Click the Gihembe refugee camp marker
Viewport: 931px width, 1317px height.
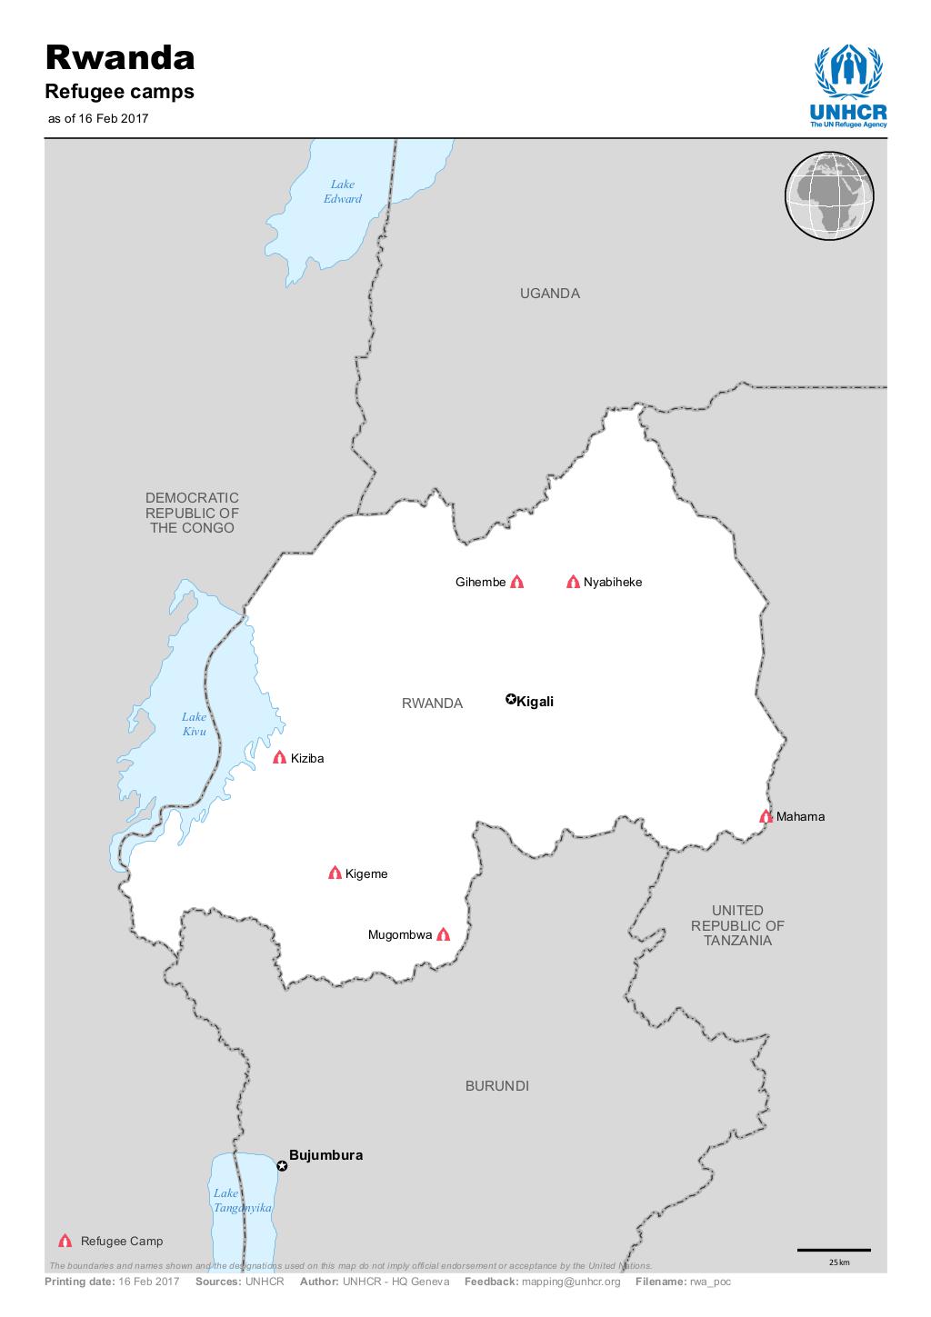pos(517,582)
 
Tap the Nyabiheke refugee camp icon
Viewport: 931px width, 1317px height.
pos(573,582)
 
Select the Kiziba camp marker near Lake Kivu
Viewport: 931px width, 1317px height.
pos(280,757)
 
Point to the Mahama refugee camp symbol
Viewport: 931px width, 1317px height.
pos(766,816)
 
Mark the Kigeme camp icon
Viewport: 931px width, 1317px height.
pos(335,873)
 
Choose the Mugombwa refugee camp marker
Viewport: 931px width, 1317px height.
pos(443,934)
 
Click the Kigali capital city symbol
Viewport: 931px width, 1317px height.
pos(511,700)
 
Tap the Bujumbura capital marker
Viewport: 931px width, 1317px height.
pos(282,1166)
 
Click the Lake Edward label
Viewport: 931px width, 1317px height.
pos(343,192)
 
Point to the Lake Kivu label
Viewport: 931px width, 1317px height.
pos(195,724)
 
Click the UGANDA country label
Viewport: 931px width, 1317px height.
pos(549,294)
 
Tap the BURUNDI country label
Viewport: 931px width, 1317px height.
pos(496,1086)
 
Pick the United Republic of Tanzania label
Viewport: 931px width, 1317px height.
pos(737,925)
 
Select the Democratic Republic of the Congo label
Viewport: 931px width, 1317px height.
pos(192,513)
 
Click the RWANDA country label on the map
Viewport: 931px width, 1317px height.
pos(432,703)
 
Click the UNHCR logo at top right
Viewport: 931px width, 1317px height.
pos(847,86)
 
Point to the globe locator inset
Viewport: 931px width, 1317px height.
pos(828,195)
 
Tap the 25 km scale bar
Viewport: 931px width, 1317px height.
pos(834,1251)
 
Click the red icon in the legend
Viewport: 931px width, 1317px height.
pos(65,1241)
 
